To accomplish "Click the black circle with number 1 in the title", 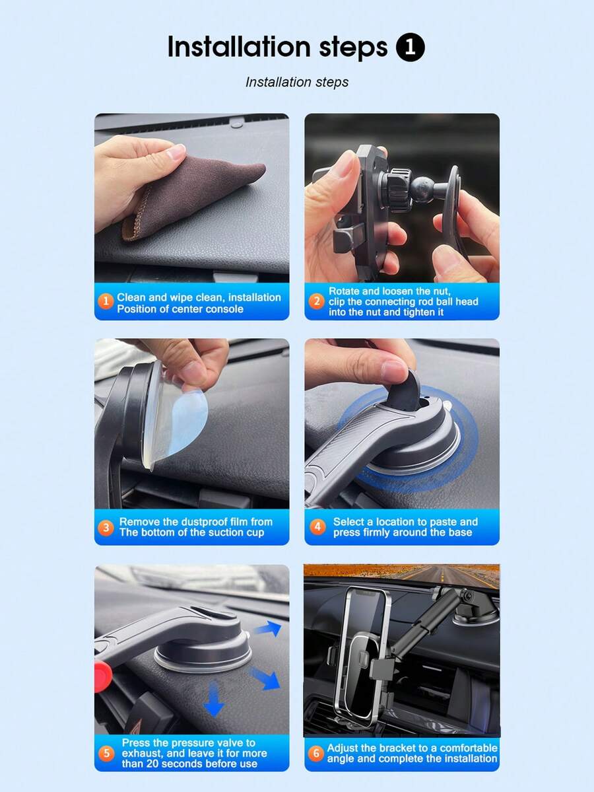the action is coord(411,47).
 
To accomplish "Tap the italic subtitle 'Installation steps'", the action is coord(297,82).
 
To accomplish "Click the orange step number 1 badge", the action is coord(106,301).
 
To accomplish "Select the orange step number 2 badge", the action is coord(316,302).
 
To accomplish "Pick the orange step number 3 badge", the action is coord(106,527).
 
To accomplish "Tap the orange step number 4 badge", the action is coord(317,527).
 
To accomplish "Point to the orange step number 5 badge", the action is coord(106,753).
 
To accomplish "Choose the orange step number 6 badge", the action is coord(316,753).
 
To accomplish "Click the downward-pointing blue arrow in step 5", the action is coord(214,699).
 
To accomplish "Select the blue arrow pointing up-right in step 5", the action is coord(267,630).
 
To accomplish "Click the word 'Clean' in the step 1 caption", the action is coord(131,297).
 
